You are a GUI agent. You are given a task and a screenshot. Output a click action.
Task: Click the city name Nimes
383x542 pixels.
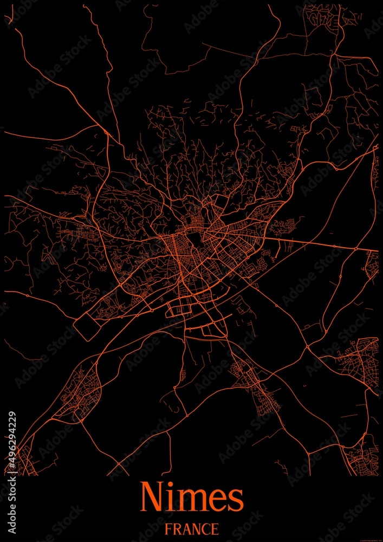[192, 497]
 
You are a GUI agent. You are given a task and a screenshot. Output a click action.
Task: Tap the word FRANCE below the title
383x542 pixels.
[192, 528]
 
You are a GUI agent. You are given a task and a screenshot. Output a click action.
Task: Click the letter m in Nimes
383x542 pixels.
[191, 500]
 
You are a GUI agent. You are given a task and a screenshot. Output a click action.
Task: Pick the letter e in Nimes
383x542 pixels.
[217, 500]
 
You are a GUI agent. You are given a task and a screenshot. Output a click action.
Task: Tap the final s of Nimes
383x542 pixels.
[235, 500]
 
